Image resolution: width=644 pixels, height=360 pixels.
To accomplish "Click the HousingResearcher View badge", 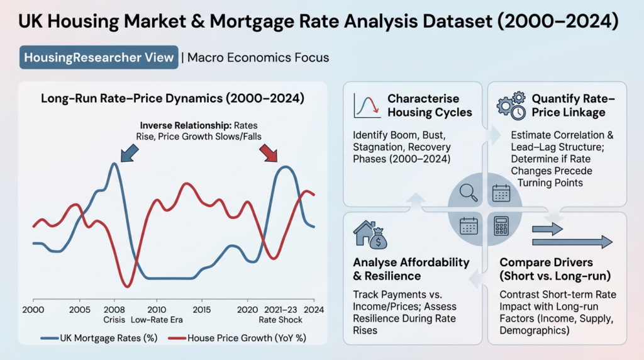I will coord(99,58).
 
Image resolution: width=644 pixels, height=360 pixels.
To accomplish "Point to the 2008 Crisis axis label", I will coord(114,314).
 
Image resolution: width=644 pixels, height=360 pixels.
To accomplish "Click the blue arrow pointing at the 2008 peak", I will coord(130,151).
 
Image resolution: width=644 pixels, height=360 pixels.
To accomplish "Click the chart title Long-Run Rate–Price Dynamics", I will coord(172,99).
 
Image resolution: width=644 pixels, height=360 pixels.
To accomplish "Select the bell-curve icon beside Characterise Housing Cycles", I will coord(367,105).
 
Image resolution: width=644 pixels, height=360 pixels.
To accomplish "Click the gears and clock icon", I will coord(511,106).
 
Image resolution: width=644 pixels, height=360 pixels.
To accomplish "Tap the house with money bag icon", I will coord(371,234).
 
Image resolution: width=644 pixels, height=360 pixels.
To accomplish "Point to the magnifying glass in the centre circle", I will coord(469,193).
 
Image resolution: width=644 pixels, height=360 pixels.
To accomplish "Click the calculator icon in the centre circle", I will coord(501,225).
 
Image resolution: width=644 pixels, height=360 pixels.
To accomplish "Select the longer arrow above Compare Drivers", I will coord(572,242).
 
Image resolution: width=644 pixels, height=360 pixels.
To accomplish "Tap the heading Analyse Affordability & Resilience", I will coord(411,269).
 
